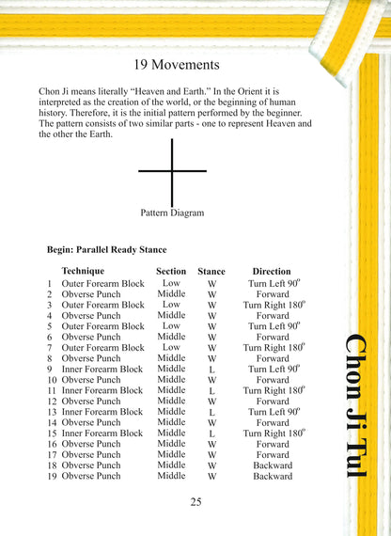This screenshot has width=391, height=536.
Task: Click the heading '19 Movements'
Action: (177, 65)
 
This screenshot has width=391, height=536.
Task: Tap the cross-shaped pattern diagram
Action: (172, 171)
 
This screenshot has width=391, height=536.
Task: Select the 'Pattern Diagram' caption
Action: (172, 213)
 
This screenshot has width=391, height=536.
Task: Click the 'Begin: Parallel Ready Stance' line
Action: (106, 250)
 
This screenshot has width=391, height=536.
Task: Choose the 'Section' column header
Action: (171, 271)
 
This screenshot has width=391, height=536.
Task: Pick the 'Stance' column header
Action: (211, 271)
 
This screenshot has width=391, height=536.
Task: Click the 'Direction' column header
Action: (272, 271)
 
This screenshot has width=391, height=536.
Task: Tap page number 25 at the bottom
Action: (195, 501)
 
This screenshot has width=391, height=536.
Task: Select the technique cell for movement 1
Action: (102, 283)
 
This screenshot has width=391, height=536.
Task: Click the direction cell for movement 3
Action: (273, 305)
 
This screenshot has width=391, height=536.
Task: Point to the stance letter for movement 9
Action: (211, 370)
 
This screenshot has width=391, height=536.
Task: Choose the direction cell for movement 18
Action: (273, 465)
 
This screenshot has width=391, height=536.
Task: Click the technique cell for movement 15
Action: (102, 434)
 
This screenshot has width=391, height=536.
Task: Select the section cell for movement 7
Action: (171, 347)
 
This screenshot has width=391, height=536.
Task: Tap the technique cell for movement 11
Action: (102, 390)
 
